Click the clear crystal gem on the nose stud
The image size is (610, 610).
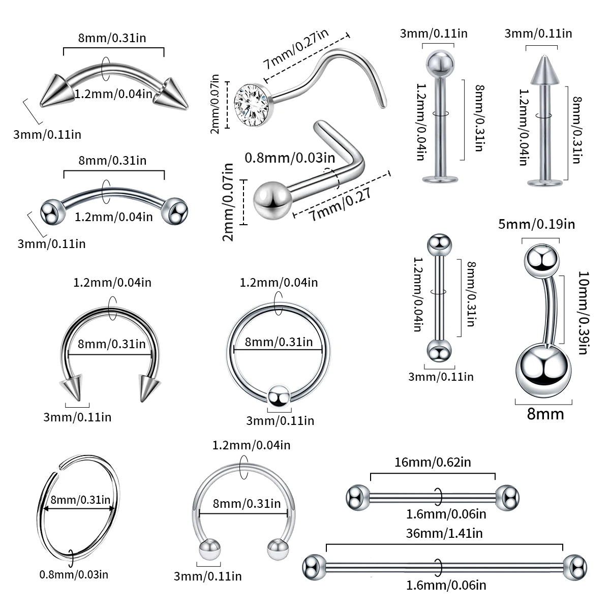point(251,103)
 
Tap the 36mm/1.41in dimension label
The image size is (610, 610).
point(444,533)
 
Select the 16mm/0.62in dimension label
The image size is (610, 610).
point(433,462)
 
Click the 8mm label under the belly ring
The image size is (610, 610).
point(545,414)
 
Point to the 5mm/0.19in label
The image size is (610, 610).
point(536,224)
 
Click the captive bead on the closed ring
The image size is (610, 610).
point(279,396)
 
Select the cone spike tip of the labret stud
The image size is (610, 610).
point(541,69)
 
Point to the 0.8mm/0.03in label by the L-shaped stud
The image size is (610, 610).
point(290,158)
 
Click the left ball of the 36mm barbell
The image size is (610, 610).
point(314,567)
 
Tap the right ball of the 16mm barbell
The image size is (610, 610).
point(507,497)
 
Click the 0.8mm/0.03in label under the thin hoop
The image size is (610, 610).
point(74,574)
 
